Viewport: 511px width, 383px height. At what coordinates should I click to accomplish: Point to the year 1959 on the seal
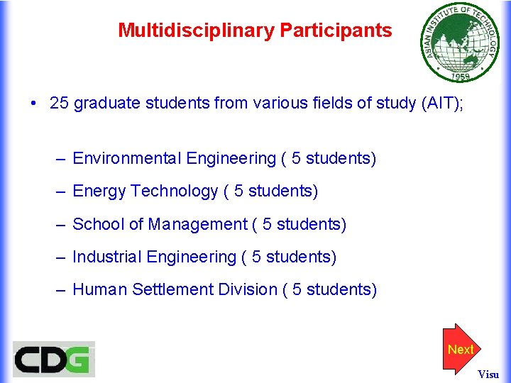455,74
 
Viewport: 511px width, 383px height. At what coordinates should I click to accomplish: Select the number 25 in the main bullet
59,104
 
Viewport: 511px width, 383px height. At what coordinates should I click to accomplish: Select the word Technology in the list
175,191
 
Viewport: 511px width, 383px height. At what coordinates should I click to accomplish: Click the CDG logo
53,360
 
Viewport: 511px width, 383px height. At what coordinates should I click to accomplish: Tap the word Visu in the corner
488,374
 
